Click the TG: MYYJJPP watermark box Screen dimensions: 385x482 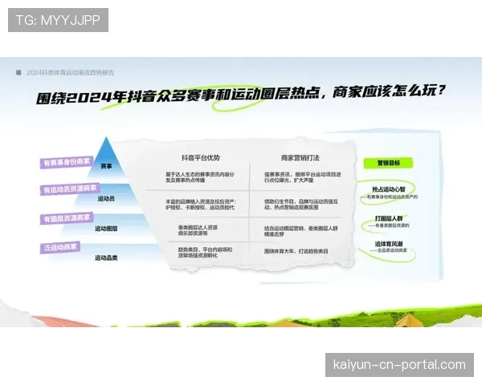58,20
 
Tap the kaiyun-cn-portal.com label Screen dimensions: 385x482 398,365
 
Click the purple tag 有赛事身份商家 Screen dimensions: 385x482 67,163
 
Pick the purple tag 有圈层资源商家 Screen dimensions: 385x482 67,217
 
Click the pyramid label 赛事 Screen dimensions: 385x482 107,166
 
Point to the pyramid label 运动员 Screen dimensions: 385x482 106,197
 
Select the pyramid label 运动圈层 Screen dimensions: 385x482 106,228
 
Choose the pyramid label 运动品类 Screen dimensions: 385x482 106,257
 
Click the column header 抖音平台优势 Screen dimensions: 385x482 201,157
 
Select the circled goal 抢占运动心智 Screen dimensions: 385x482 389,190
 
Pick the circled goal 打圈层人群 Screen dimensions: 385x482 389,217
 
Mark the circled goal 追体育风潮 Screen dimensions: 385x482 389,243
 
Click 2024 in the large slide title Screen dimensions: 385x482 89,97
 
